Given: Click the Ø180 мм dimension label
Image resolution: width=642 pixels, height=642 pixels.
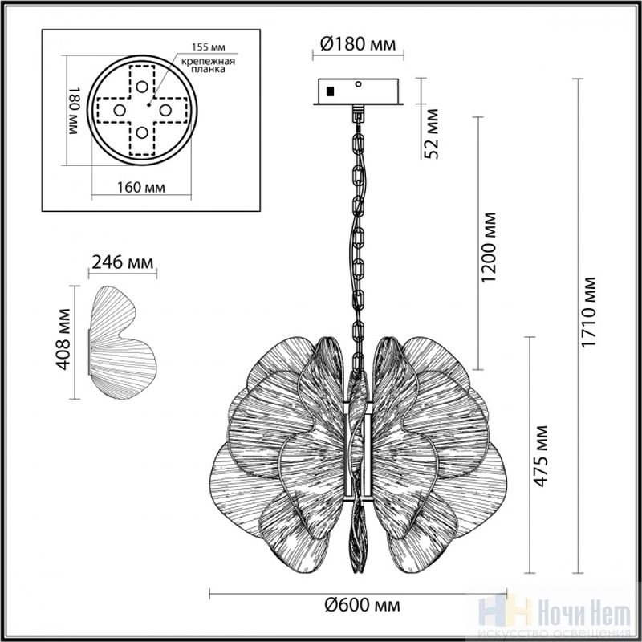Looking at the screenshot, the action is pyautogui.click(x=358, y=44).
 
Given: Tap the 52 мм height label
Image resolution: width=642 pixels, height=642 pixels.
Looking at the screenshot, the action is pyautogui.click(x=431, y=133).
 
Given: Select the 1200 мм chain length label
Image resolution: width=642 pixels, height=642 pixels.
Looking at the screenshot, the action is pyautogui.click(x=488, y=247).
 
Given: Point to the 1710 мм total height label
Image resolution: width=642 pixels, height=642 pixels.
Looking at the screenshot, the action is pyautogui.click(x=588, y=312).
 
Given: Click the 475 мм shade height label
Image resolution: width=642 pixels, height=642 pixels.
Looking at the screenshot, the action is pyautogui.click(x=540, y=456).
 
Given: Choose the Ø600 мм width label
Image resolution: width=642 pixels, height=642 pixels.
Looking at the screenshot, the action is pyautogui.click(x=362, y=604).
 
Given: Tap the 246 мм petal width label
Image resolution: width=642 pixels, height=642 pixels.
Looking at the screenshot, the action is pyautogui.click(x=123, y=262).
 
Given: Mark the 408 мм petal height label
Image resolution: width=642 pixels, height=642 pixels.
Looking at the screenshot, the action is pyautogui.click(x=63, y=339).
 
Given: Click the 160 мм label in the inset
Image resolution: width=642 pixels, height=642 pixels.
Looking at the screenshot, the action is pyautogui.click(x=141, y=188).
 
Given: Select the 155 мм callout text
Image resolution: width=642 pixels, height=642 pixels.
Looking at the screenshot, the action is pyautogui.click(x=209, y=47).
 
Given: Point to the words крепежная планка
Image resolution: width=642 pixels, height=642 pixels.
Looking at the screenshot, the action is pyautogui.click(x=209, y=65).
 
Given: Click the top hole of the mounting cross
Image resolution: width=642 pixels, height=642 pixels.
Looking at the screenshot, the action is pyautogui.click(x=142, y=87).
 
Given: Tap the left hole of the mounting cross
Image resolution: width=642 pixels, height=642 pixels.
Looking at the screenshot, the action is pyautogui.click(x=120, y=110).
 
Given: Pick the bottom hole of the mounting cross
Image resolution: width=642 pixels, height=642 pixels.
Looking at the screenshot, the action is pyautogui.click(x=142, y=132).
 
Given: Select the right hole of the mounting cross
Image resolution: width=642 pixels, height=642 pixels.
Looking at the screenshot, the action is pyautogui.click(x=165, y=110).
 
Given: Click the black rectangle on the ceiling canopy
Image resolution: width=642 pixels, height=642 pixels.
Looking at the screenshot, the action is pyautogui.click(x=330, y=91).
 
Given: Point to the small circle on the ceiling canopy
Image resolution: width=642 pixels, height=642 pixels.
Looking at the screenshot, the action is pyautogui.click(x=359, y=84).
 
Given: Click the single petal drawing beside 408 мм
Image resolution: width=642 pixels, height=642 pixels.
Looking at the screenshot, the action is pyautogui.click(x=122, y=343).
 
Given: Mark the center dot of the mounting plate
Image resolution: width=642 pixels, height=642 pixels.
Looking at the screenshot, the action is pyautogui.click(x=149, y=105).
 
